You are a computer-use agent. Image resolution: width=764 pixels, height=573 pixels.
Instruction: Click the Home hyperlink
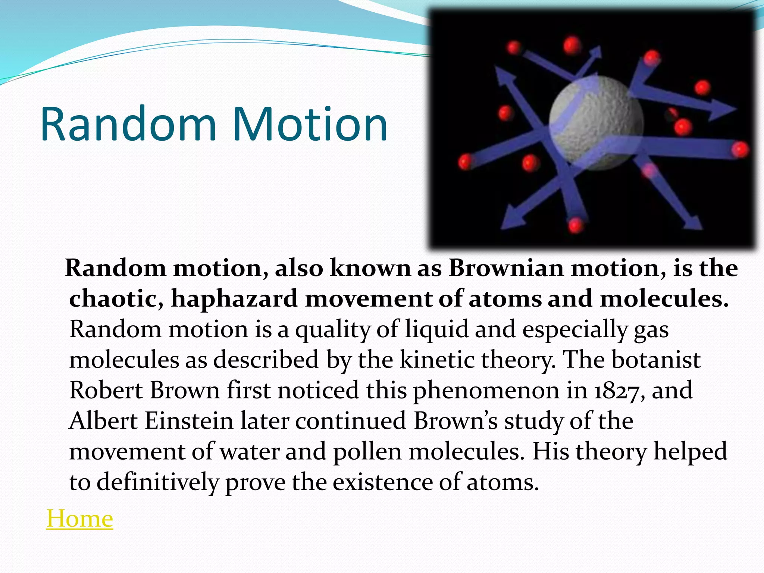coord(79,519)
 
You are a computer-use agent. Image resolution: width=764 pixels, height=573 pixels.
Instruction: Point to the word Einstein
coord(189,421)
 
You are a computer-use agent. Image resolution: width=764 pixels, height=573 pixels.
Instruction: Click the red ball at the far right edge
coord(739,149)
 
